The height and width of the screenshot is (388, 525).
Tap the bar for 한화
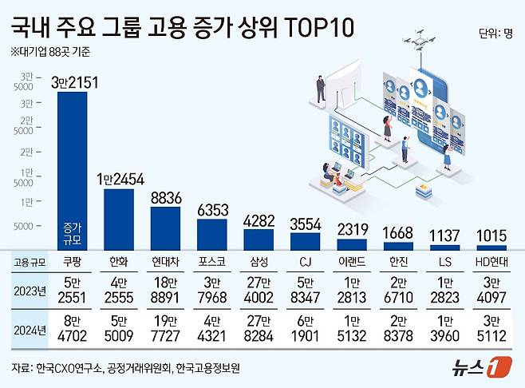click(x=120, y=220)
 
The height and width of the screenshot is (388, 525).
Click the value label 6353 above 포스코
click(x=211, y=208)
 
